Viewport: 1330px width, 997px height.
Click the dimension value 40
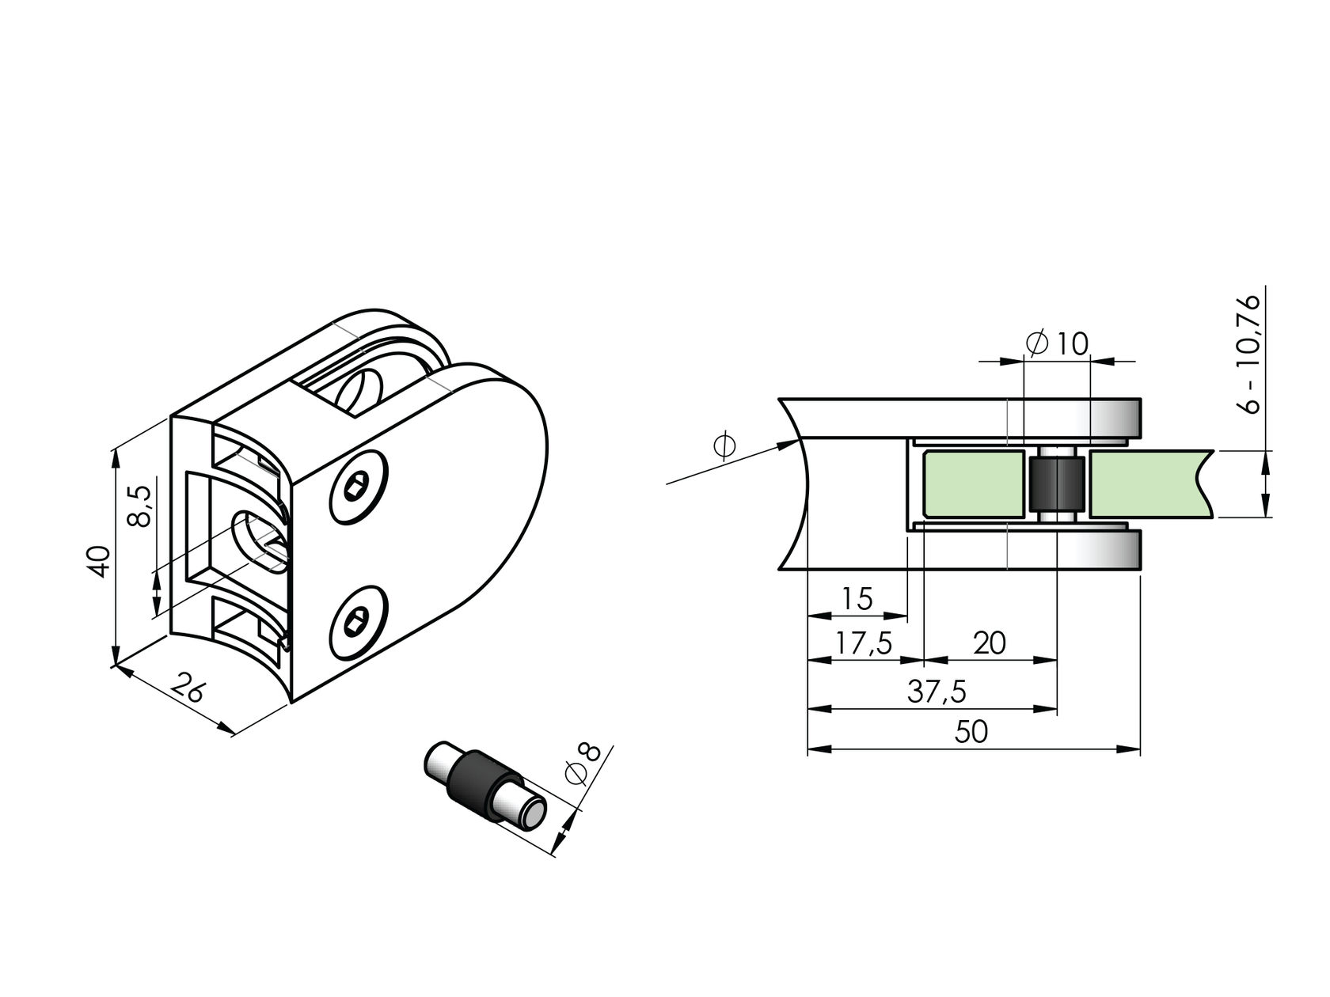99,561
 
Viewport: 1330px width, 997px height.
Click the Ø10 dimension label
1058,343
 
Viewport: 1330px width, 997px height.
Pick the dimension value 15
857,599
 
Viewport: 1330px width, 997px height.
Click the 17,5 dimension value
864,644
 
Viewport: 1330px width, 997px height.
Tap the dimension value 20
990,643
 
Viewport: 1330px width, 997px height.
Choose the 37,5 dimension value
937,692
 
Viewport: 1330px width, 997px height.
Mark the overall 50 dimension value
971,732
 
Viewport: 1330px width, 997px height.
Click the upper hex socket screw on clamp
358,488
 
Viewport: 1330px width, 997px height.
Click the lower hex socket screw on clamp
358,623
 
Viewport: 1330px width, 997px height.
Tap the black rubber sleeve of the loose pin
476,786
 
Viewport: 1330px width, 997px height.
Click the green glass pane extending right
1148,484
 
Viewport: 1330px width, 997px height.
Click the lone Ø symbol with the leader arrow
724,445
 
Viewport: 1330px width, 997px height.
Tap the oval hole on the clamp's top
360,391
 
